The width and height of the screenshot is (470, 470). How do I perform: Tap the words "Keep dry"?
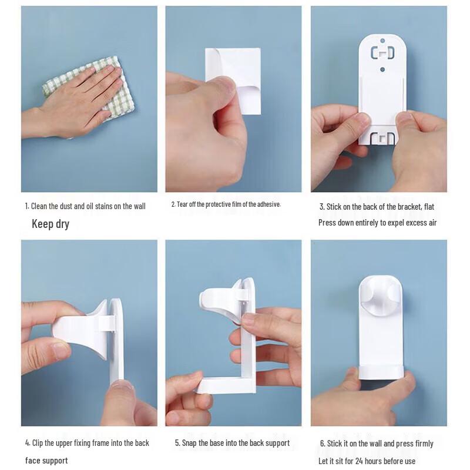coord(51,224)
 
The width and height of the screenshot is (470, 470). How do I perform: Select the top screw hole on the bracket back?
coord(382,42)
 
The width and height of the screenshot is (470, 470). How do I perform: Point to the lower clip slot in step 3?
coord(382,139)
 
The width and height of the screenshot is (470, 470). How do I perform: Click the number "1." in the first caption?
coord(27,206)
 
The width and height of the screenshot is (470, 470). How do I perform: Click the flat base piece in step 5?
coord(223,385)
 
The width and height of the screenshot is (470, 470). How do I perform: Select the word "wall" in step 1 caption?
coord(139,206)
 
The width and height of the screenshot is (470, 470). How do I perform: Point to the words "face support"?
coord(46,461)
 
